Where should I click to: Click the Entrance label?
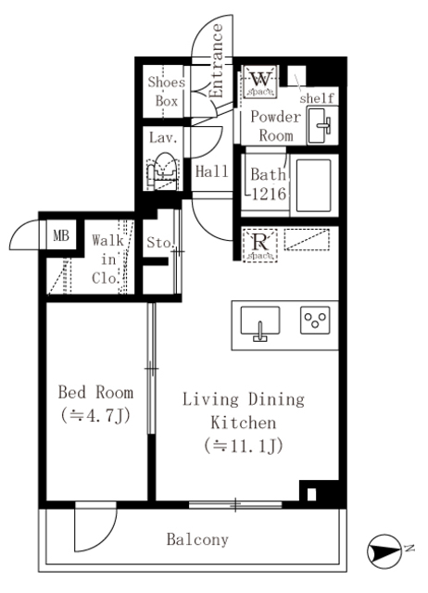pyautogui.click(x=217, y=60)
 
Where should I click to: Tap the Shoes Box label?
pyautogui.click(x=166, y=91)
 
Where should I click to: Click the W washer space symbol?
pyautogui.click(x=258, y=82)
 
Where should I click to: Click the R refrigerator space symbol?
pyautogui.click(x=259, y=243)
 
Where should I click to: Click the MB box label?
pyautogui.click(x=60, y=234)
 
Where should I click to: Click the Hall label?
pyautogui.click(x=211, y=170)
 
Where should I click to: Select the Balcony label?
pyautogui.click(x=198, y=538)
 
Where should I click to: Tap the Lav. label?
pyautogui.click(x=164, y=137)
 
